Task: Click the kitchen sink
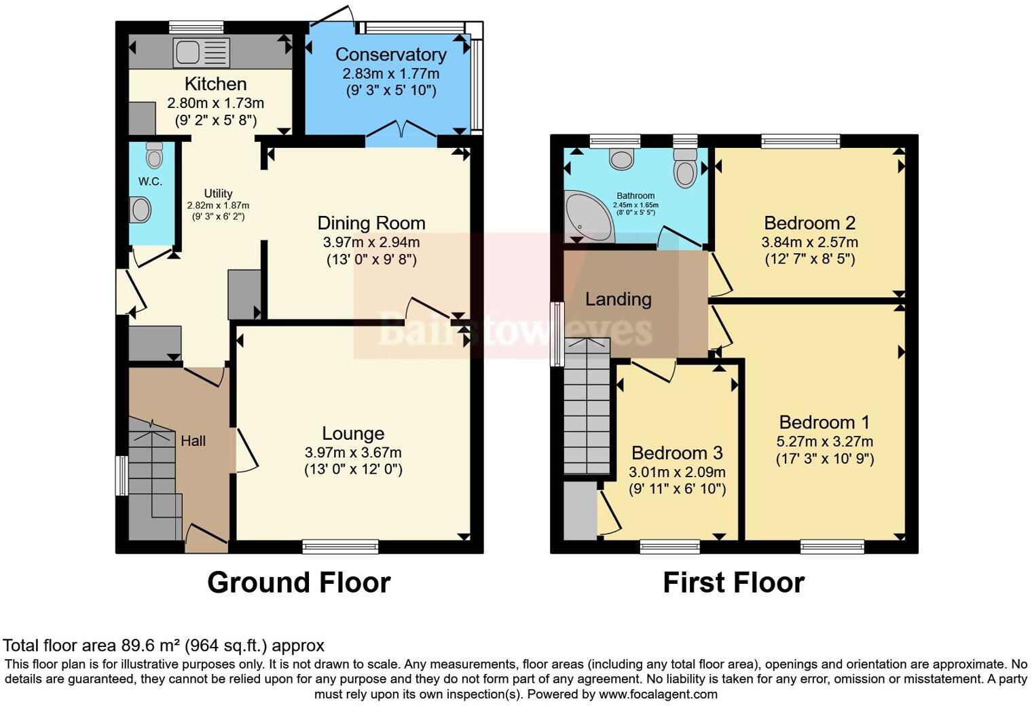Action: (x=202, y=52)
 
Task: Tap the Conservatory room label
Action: (x=390, y=54)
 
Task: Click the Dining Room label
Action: (x=371, y=223)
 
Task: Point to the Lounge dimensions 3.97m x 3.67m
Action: (x=353, y=452)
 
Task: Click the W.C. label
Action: (x=150, y=181)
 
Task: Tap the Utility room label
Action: (x=218, y=193)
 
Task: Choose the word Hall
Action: (x=193, y=441)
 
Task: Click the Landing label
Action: (x=618, y=299)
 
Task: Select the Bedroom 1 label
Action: (x=824, y=422)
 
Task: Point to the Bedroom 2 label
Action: (x=809, y=223)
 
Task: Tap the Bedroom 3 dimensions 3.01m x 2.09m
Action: (x=677, y=472)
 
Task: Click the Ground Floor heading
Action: (x=299, y=582)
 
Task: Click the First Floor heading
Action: (x=733, y=582)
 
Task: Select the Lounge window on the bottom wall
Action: (x=340, y=546)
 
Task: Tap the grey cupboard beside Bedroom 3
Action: (x=579, y=510)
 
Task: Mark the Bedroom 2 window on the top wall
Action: (x=800, y=141)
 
